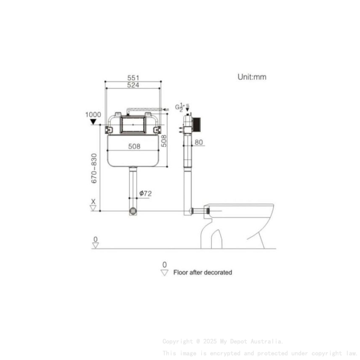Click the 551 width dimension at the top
pyautogui.click(x=133, y=78)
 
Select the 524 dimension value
pyautogui.click(x=133, y=85)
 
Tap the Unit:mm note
pyautogui.click(x=252, y=77)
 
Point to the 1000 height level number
pyautogui.click(x=93, y=114)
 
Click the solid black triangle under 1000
pyautogui.click(x=93, y=122)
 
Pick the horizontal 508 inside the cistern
pyautogui.click(x=134, y=147)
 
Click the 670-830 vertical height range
pyautogui.click(x=94, y=168)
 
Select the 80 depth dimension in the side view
pyautogui.click(x=199, y=142)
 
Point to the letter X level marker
pyautogui.click(x=93, y=201)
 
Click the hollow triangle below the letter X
pyautogui.click(x=93, y=208)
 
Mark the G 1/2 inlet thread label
pyautogui.click(x=180, y=107)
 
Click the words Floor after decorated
pyautogui.click(x=202, y=273)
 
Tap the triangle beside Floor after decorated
pyautogui.click(x=164, y=273)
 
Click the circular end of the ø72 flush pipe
pyautogui.click(x=133, y=211)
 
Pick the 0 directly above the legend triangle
pyautogui.click(x=164, y=265)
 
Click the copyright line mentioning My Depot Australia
pyautogui.click(x=223, y=341)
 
